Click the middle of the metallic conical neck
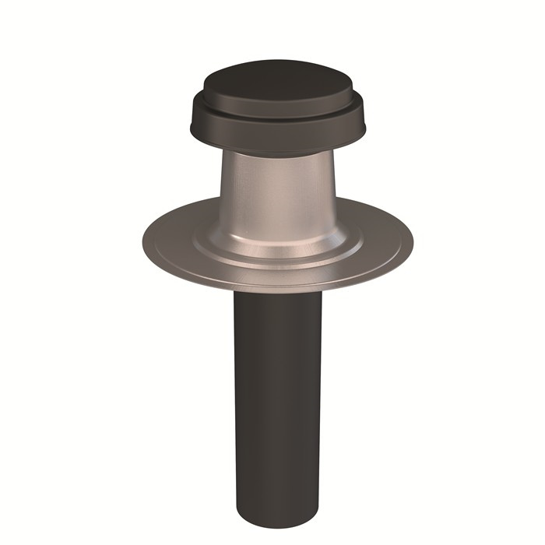tap(276, 195)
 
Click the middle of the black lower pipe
tap(276, 397)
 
